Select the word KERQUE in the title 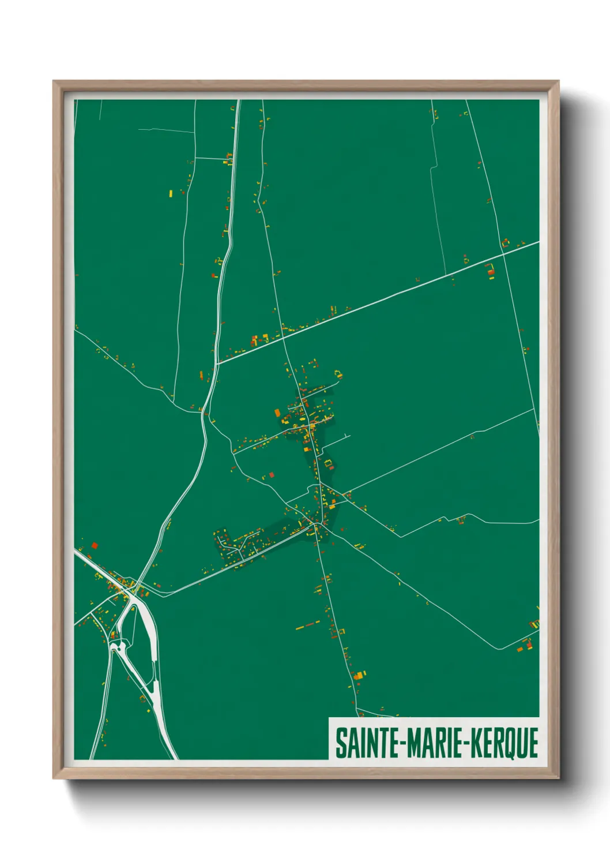click(504, 743)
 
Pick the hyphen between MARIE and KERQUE click(468, 744)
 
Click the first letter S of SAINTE click(340, 743)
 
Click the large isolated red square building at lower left click(94, 545)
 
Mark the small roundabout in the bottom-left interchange click(119, 646)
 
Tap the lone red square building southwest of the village click(272, 475)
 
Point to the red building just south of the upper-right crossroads click(491, 269)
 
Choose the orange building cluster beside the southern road click(359, 675)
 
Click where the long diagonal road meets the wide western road click(217, 363)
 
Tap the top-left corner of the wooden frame click(54, 81)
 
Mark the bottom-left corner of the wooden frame click(54, 778)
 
